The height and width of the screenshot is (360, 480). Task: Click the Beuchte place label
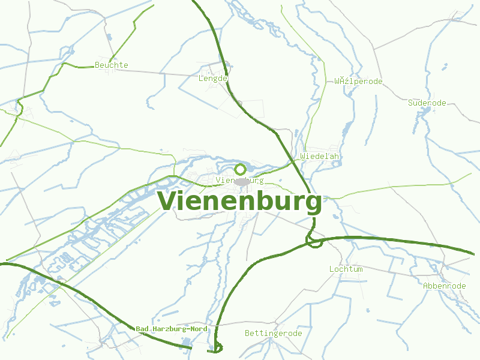click(112, 65)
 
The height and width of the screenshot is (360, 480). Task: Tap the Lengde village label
click(214, 78)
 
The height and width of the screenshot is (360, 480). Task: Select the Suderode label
click(427, 103)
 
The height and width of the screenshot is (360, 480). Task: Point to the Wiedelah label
click(320, 156)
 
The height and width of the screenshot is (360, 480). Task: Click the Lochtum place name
click(346, 269)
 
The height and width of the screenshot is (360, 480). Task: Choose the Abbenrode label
click(445, 286)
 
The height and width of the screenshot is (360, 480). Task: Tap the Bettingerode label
click(274, 333)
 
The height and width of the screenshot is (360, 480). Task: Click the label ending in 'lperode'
click(358, 81)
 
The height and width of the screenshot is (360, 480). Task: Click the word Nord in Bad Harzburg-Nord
click(196, 329)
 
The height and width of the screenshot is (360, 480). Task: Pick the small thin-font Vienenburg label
click(239, 180)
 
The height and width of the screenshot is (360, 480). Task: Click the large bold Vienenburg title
click(239, 202)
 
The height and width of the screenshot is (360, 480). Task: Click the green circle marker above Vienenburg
click(240, 169)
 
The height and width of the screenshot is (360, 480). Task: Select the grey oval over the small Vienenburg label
click(242, 181)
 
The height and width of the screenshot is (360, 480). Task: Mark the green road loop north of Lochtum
click(314, 241)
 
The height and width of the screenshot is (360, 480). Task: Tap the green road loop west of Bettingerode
click(218, 347)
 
